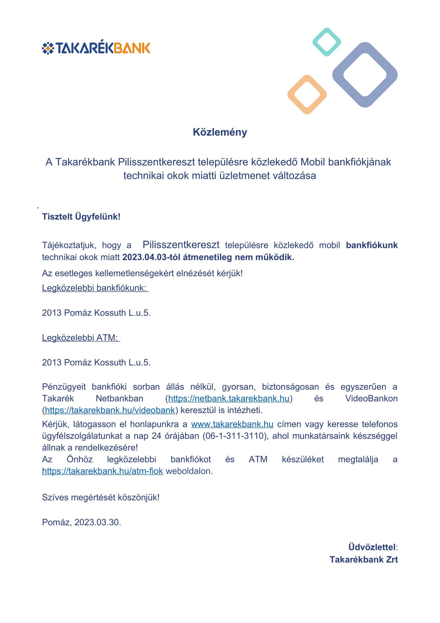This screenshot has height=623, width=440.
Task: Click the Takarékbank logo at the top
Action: (x=96, y=48)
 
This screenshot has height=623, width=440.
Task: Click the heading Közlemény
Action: (x=220, y=132)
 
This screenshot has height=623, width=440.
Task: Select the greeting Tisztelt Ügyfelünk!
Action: (x=81, y=217)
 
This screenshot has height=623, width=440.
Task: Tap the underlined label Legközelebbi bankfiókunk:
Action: (x=95, y=288)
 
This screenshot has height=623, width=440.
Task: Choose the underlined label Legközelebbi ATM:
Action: (x=81, y=338)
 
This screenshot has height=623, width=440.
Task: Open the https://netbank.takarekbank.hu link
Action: (x=229, y=399)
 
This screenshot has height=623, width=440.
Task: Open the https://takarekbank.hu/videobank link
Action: (x=110, y=410)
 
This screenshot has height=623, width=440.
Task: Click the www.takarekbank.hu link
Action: (x=232, y=424)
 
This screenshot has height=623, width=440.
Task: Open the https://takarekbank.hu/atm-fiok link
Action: (x=102, y=471)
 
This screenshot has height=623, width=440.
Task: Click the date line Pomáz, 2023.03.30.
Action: (x=81, y=522)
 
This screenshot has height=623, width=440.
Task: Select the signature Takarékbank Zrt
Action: (x=364, y=559)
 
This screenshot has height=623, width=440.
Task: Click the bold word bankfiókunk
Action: (x=372, y=245)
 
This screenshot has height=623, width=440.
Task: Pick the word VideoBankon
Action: (x=371, y=399)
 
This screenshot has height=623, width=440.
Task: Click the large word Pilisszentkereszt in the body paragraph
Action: (x=181, y=245)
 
